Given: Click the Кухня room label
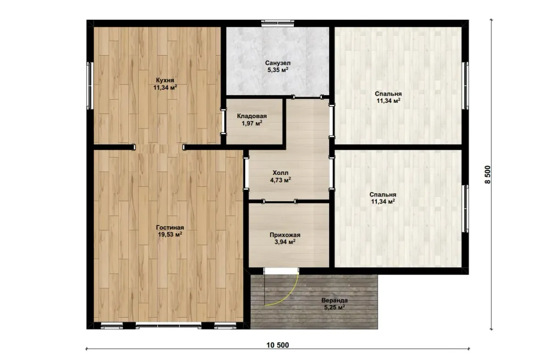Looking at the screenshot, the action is pos(165,80).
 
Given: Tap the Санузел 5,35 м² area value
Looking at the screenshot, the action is pos(278,70).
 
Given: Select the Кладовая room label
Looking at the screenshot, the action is pos(252,116).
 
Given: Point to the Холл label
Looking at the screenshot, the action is pos(281,173).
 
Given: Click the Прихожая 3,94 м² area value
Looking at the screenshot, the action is pos(285,242).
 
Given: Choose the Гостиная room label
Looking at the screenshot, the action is pos(170,228).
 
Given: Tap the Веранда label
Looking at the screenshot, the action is pos(335,300).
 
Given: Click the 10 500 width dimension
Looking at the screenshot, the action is pos(278,345).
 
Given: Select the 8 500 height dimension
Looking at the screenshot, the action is pos(487,174).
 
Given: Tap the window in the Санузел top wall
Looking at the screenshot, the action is pos(278,23).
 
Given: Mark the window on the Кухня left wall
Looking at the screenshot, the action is pos(90,85).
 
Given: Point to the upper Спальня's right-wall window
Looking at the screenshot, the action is pos(465,85).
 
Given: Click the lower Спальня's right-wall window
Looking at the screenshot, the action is pos(465,208).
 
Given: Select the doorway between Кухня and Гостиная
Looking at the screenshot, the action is pos(159,147).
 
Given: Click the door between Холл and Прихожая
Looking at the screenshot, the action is pos(280,202).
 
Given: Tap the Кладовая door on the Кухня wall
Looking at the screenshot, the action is pos(223,121).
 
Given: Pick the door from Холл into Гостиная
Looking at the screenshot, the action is pos(246,174).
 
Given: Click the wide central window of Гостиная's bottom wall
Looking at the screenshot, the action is pos(169,326).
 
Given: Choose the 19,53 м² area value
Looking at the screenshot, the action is pos(170,235).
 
